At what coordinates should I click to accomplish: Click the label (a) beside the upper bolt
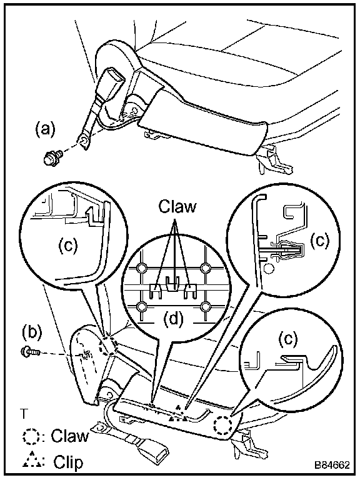click(45, 129)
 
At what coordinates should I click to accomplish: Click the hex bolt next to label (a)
click(52, 158)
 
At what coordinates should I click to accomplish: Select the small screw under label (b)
click(30, 352)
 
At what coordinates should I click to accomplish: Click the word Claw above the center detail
click(177, 206)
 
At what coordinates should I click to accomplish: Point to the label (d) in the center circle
click(173, 319)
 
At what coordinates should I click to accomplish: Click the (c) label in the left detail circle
click(68, 245)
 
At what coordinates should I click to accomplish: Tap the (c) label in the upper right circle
click(320, 241)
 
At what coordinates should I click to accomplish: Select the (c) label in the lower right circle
click(288, 339)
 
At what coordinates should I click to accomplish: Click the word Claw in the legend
click(70, 436)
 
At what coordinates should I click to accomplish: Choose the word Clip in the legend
click(68, 462)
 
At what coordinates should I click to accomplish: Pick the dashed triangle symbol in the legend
click(31, 461)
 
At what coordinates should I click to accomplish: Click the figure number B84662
click(332, 465)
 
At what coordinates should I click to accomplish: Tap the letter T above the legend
click(24, 413)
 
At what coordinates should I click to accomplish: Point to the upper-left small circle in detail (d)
click(142, 268)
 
